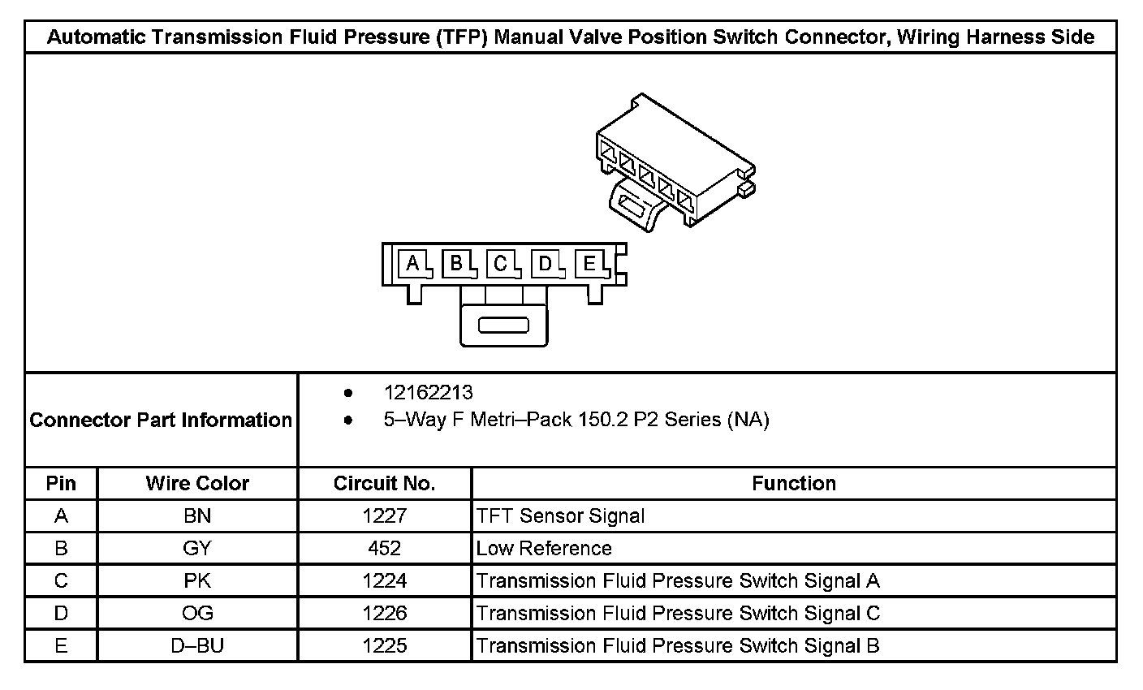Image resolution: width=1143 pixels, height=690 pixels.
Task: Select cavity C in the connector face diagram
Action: click(501, 263)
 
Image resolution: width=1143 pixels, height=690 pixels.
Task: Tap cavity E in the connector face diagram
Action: click(590, 263)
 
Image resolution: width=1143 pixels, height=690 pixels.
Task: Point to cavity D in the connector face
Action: click(546, 263)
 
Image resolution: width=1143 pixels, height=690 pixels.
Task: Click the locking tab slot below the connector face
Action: click(503, 326)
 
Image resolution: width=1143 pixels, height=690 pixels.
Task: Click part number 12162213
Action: click(428, 393)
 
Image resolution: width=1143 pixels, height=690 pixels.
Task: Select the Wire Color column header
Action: click(197, 484)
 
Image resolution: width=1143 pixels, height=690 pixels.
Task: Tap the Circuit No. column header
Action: click(384, 484)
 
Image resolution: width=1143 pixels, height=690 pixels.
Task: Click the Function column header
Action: click(793, 484)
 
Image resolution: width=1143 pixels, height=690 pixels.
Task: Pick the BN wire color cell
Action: click(197, 516)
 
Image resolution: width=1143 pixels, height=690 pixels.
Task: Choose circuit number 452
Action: click(384, 549)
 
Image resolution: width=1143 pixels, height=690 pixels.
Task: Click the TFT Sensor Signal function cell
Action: click(560, 516)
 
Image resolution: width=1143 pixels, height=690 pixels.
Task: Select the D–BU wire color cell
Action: click(197, 646)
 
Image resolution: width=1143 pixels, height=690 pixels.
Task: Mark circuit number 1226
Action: click(384, 614)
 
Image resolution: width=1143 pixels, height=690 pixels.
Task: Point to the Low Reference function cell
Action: click(544, 549)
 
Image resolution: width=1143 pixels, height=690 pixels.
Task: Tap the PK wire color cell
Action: click(197, 581)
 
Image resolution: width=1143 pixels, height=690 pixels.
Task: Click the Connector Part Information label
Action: click(161, 420)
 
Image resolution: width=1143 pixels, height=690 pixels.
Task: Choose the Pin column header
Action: click(61, 484)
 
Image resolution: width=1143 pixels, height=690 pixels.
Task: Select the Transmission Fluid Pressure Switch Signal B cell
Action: click(678, 646)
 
